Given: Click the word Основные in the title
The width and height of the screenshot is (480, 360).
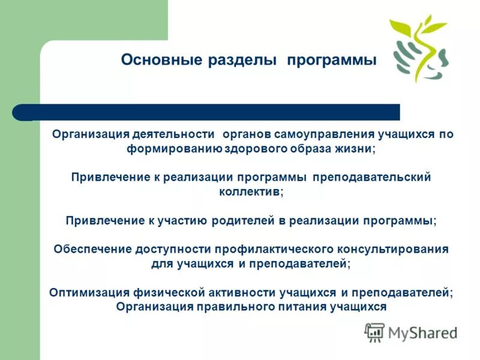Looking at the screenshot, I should click(154, 61).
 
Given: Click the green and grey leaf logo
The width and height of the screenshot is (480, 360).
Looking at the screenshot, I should click(419, 49).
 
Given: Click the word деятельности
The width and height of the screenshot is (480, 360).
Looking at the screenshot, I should click(176, 134).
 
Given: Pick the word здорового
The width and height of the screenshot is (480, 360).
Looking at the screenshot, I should click(257, 149).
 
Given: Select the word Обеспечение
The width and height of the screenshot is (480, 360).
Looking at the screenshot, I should click(91, 248).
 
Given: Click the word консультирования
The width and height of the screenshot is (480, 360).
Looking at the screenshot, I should click(387, 248).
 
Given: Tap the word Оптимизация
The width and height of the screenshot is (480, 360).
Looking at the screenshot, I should click(89, 292).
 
